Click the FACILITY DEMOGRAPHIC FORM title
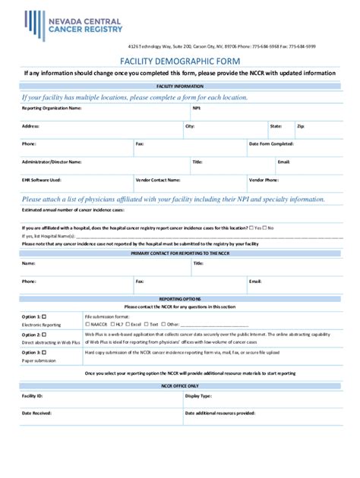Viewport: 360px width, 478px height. tap(179, 60)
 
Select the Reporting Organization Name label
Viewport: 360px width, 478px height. tap(51, 108)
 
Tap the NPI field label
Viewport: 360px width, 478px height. tap(196, 108)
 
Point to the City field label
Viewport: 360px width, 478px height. tap(189, 126)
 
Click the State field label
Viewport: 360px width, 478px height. tap(276, 126)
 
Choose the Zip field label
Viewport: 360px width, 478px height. tap(300, 126)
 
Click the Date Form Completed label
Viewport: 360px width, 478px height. tap(271, 143)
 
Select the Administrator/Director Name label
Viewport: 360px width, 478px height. tap(51, 162)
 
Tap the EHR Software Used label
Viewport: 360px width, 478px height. tap(41, 180)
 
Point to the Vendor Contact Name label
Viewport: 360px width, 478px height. tap(158, 180)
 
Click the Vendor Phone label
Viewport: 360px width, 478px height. tap(264, 180)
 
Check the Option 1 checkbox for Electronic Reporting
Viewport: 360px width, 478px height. tap(43, 315)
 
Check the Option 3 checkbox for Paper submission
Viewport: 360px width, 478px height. tap(43, 352)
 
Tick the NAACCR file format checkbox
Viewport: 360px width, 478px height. tap(87, 323)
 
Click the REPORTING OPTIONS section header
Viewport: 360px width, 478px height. tap(179, 299)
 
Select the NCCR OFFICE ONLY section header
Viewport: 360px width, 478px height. tap(179, 385)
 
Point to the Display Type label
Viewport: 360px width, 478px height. tap(197, 396)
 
